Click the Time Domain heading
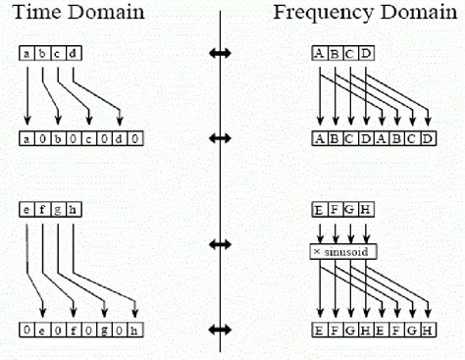(76, 14)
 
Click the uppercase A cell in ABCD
(320, 53)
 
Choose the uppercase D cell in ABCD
(367, 53)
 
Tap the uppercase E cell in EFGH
(320, 209)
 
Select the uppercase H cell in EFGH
(367, 209)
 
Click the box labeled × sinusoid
(343, 252)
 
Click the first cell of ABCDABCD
(320, 138)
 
